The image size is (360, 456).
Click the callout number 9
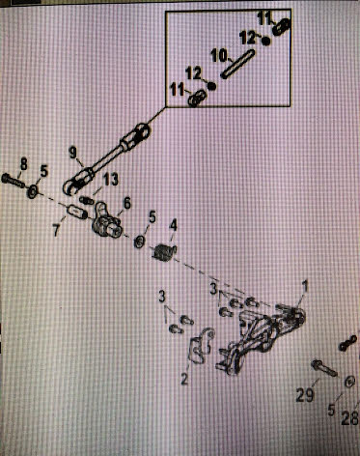tap(73, 153)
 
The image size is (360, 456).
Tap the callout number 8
tap(24, 164)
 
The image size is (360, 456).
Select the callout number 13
tap(110, 180)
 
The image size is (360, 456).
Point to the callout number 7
tap(57, 230)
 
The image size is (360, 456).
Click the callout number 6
tap(127, 204)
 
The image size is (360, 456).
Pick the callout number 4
tap(173, 225)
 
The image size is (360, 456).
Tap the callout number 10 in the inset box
tap(219, 56)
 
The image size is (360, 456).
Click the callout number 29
tap(305, 394)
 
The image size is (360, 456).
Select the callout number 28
tap(350, 417)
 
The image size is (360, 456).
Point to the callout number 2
tap(184, 379)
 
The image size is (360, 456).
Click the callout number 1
tap(304, 286)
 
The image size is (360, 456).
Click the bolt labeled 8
tap(14, 179)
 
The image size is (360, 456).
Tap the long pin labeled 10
tap(237, 64)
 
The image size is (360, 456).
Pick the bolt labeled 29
tap(324, 368)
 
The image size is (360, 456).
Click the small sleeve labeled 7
tap(77, 212)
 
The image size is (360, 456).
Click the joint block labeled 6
tap(106, 220)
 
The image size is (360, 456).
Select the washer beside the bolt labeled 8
tap(33, 192)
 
